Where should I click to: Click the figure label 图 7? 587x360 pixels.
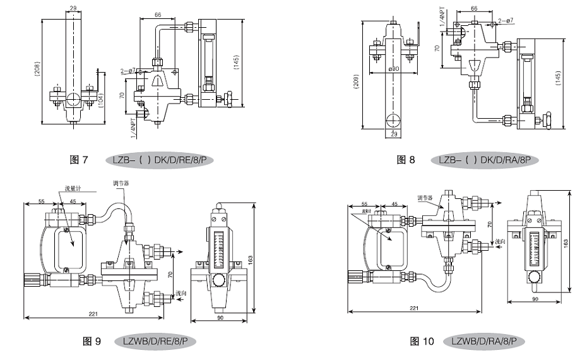click(x=79, y=160)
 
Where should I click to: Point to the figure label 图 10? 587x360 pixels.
click(x=422, y=342)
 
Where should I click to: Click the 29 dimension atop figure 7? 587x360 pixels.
click(x=73, y=8)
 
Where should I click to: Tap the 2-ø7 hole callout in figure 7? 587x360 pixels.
click(x=128, y=71)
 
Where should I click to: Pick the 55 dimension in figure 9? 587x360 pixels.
click(x=40, y=201)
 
